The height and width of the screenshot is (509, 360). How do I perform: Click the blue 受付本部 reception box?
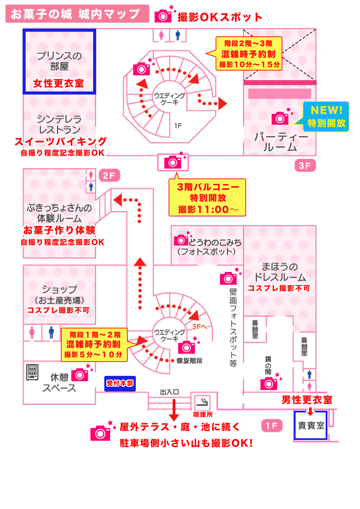pyautogui.click(x=120, y=383)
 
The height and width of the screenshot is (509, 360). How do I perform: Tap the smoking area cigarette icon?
pyautogui.click(x=202, y=402)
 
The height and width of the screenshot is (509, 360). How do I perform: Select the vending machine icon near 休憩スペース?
pyautogui.click(x=32, y=372)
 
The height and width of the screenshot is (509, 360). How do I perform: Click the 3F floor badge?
pyautogui.click(x=305, y=166)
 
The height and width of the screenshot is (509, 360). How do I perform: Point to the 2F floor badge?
pyautogui.click(x=109, y=175)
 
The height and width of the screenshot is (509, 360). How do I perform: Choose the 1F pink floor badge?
pyautogui.click(x=272, y=426)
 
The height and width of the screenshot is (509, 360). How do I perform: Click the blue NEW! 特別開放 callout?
pyautogui.click(x=326, y=117)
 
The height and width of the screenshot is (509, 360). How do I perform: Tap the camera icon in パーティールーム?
pyautogui.click(x=280, y=118)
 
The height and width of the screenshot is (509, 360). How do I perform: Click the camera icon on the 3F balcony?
pyautogui.click(x=173, y=162)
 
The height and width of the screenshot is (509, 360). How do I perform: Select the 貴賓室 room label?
pyautogui.click(x=311, y=425)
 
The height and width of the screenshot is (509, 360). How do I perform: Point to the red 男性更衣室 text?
pyautogui.click(x=307, y=400)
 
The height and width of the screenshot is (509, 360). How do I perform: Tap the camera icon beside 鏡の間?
pyautogui.click(x=269, y=384)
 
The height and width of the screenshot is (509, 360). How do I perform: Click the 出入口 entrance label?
pyautogui.click(x=169, y=392)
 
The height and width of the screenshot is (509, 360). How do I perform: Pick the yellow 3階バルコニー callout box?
pyautogui.click(x=207, y=198)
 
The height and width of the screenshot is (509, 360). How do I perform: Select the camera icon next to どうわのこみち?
pyautogui.click(x=181, y=240)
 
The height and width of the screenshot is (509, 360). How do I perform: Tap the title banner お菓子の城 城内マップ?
pyautogui.click(x=77, y=14)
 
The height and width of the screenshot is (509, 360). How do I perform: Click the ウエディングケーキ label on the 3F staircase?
pyautogui.click(x=170, y=99)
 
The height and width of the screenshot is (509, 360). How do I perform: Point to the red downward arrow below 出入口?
pyautogui.click(x=174, y=410)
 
